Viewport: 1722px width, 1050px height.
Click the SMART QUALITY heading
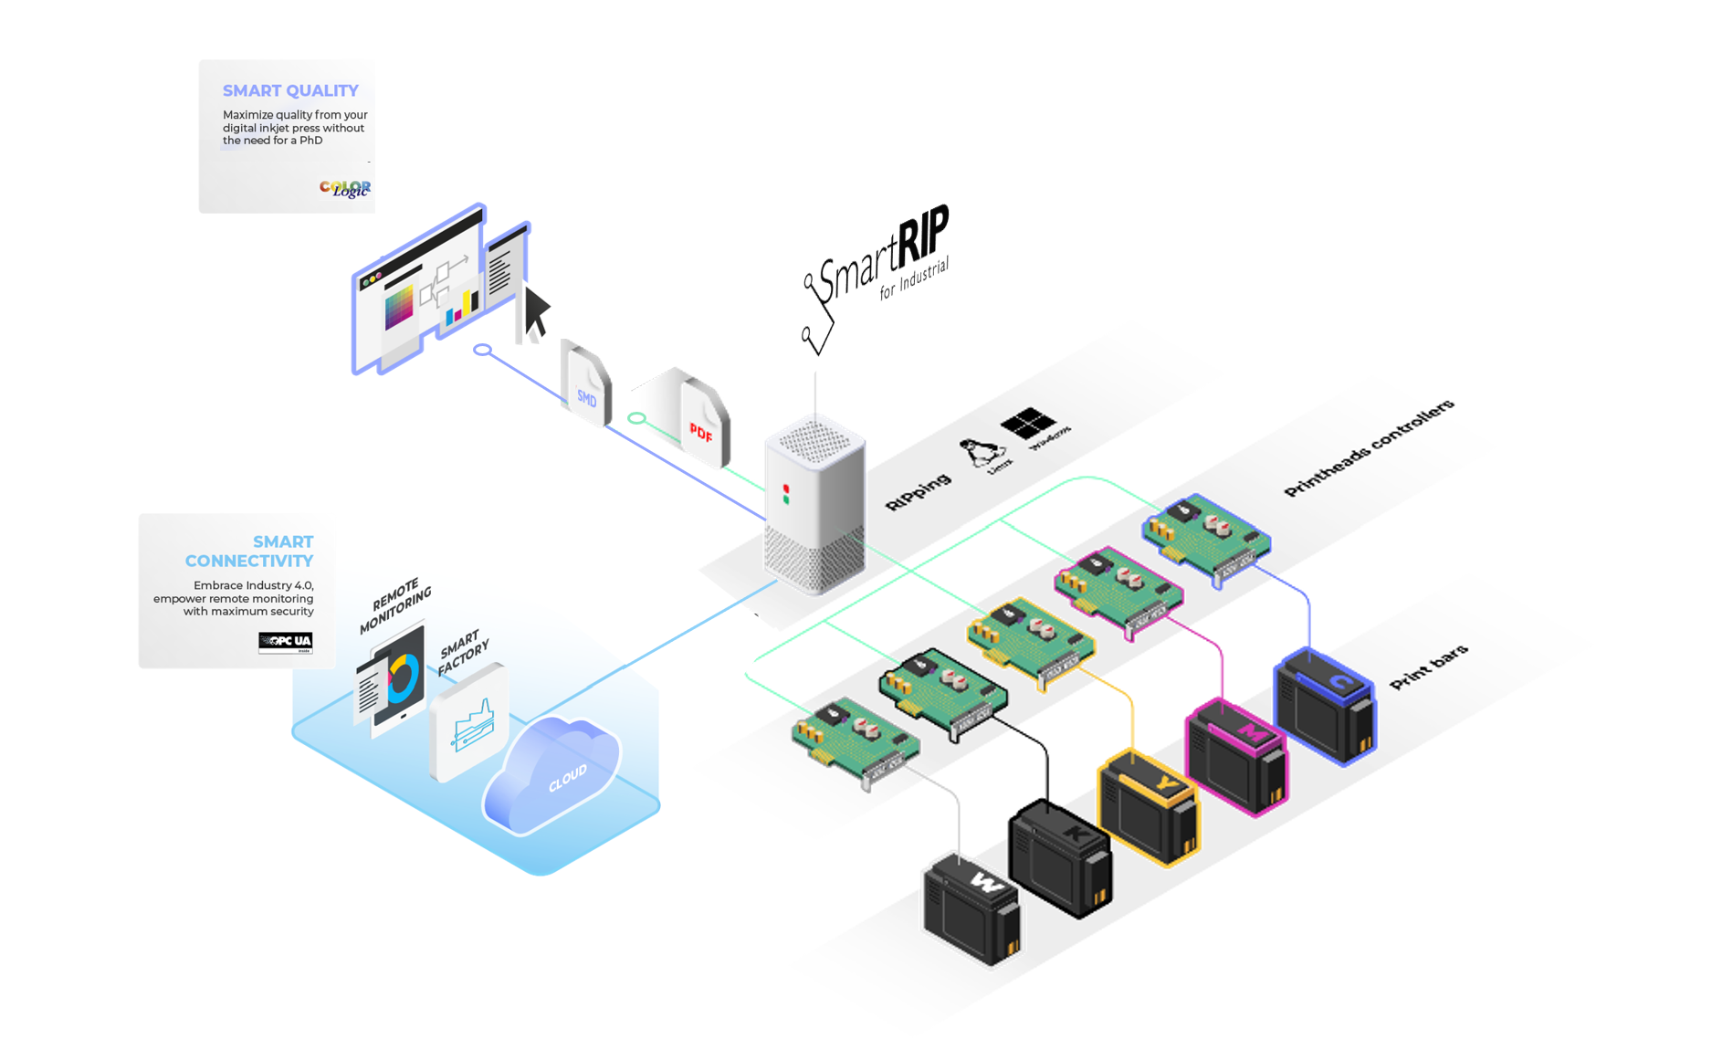[x=290, y=90]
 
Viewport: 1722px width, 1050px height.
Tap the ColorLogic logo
[x=345, y=188]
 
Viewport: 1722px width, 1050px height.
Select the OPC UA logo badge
[x=285, y=642]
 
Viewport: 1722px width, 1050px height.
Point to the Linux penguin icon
[x=982, y=451]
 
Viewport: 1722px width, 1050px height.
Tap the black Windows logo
[x=1028, y=423]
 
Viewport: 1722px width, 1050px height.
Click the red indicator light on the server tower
[x=785, y=489]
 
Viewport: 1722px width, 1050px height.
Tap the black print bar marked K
[x=1060, y=857]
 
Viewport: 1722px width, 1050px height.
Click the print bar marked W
[x=972, y=908]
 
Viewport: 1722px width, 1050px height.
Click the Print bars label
[x=1428, y=667]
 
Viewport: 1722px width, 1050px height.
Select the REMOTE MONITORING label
[x=395, y=604]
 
